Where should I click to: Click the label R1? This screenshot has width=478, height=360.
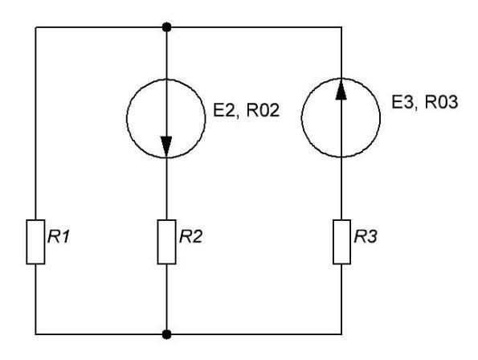[59, 236]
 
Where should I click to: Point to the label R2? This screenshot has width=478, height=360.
[190, 236]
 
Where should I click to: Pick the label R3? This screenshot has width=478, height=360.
[366, 236]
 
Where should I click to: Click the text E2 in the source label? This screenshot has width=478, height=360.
[223, 110]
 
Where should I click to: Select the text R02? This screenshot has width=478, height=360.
[263, 110]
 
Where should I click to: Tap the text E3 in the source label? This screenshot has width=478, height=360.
[402, 102]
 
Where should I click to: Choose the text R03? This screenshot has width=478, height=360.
[441, 102]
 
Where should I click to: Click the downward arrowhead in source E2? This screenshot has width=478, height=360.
[166, 146]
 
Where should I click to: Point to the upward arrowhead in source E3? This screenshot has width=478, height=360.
[341, 89]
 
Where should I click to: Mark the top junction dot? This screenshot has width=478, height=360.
[166, 27]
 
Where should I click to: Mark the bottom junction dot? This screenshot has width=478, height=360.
[166, 334]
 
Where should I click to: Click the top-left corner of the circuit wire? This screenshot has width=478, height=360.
[35, 27]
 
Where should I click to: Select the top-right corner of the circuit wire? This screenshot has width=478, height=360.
[341, 27]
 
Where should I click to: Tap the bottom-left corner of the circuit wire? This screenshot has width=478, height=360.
[35, 334]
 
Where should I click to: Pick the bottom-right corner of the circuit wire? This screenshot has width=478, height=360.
[341, 334]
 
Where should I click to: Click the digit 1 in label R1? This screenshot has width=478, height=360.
[65, 236]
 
